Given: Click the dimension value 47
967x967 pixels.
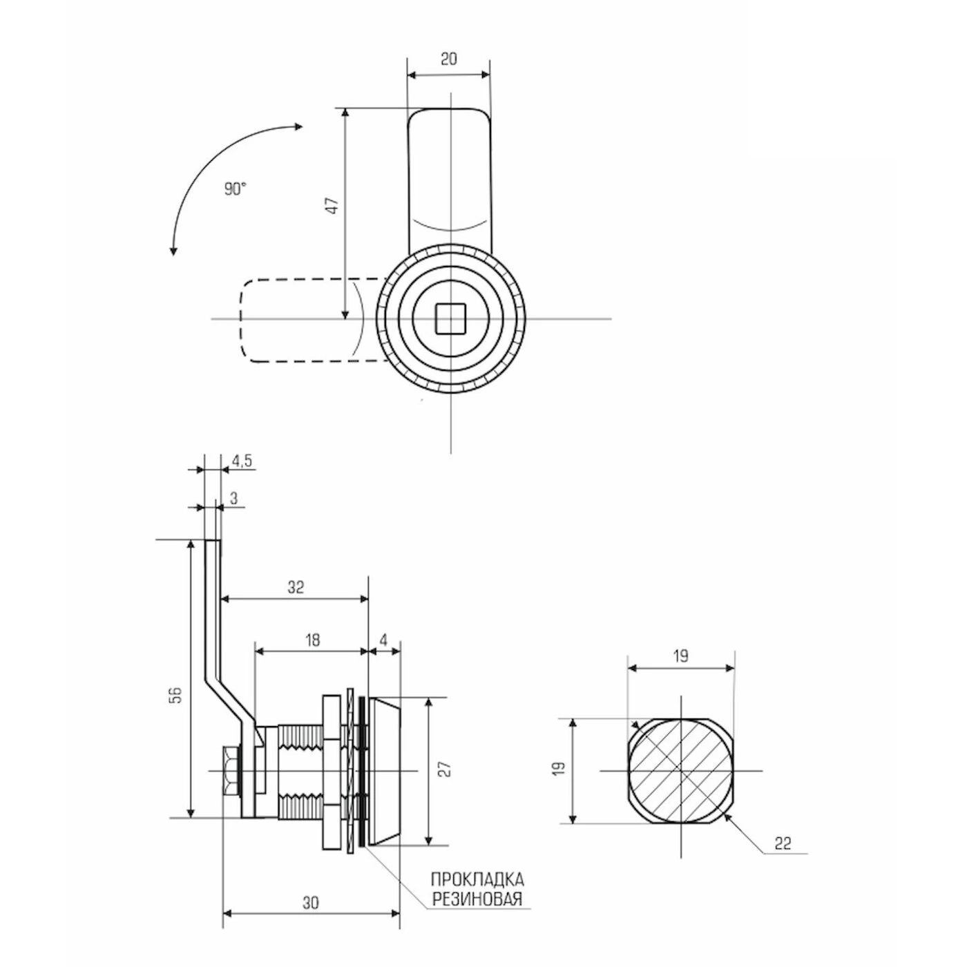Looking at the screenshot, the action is click(x=332, y=207).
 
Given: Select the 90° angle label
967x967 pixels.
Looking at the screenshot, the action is click(x=236, y=189).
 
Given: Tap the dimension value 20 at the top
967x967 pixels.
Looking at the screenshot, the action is click(x=449, y=59).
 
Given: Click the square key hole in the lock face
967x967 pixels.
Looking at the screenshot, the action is click(x=450, y=319).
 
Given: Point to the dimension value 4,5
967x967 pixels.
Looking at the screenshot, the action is click(x=241, y=461).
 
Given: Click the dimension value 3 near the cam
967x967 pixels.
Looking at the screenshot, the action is click(x=234, y=498).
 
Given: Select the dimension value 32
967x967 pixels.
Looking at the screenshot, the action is click(x=296, y=586).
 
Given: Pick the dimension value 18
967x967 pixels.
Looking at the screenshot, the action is click(x=312, y=640).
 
